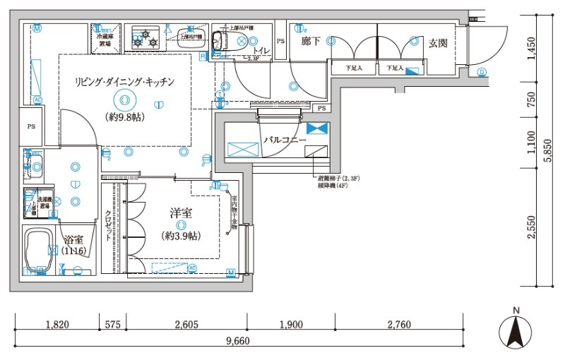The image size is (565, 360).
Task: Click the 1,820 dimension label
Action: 56,325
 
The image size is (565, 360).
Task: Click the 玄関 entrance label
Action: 438,43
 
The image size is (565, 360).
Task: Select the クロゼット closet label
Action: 109,226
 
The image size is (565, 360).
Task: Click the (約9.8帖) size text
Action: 125,117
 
